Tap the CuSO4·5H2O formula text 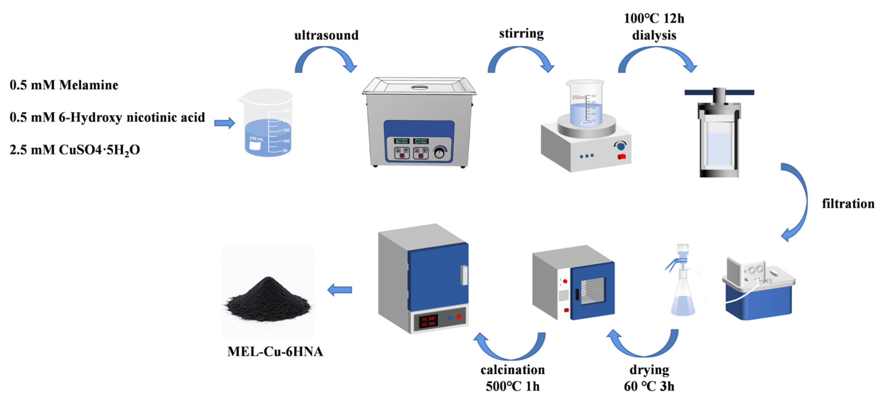99,150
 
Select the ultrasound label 326,35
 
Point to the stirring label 521,34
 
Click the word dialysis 654,35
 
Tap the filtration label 848,204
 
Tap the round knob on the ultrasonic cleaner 439,153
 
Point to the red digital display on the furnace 428,321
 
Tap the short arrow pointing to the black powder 340,290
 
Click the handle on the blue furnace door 464,275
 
